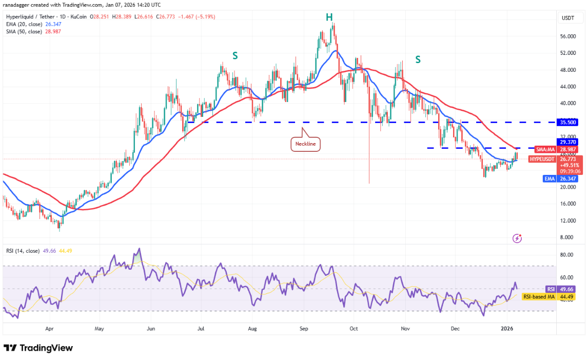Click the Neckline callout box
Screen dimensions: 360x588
coord(306,145)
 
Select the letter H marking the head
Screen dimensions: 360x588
coord(329,17)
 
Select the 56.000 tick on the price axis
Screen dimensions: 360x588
coord(567,36)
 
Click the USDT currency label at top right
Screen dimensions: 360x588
coord(568,17)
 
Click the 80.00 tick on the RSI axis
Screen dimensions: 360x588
coord(567,254)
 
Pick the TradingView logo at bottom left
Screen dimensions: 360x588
coord(38,348)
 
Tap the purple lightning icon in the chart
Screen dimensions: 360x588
coord(517,238)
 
